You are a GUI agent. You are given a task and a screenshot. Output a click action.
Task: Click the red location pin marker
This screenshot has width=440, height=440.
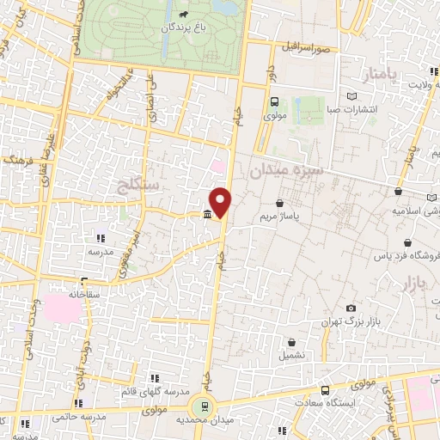coord(221,202)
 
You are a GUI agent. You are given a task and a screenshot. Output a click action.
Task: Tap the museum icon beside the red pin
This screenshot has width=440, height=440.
coord(207,214)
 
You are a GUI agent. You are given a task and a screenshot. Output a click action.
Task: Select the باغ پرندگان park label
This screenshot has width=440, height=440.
coord(182,27)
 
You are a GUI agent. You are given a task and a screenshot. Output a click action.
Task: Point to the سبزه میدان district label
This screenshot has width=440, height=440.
coord(286,172)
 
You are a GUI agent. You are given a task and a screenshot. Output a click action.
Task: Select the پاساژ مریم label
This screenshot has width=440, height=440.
coord(279,218)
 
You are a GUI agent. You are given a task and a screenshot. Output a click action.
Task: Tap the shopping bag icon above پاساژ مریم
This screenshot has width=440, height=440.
coord(280,203)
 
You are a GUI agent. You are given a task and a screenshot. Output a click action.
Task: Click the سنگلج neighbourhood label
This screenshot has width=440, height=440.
coord(141,183)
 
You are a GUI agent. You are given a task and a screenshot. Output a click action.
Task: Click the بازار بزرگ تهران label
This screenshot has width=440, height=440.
coord(351,322)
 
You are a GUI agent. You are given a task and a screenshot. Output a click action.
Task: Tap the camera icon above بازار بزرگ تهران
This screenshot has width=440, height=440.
coord(351,308)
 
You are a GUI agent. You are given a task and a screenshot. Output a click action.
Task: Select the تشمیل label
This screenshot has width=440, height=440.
coord(291,355)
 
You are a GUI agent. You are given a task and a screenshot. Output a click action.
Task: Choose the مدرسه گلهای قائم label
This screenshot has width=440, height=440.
coord(156,391)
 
